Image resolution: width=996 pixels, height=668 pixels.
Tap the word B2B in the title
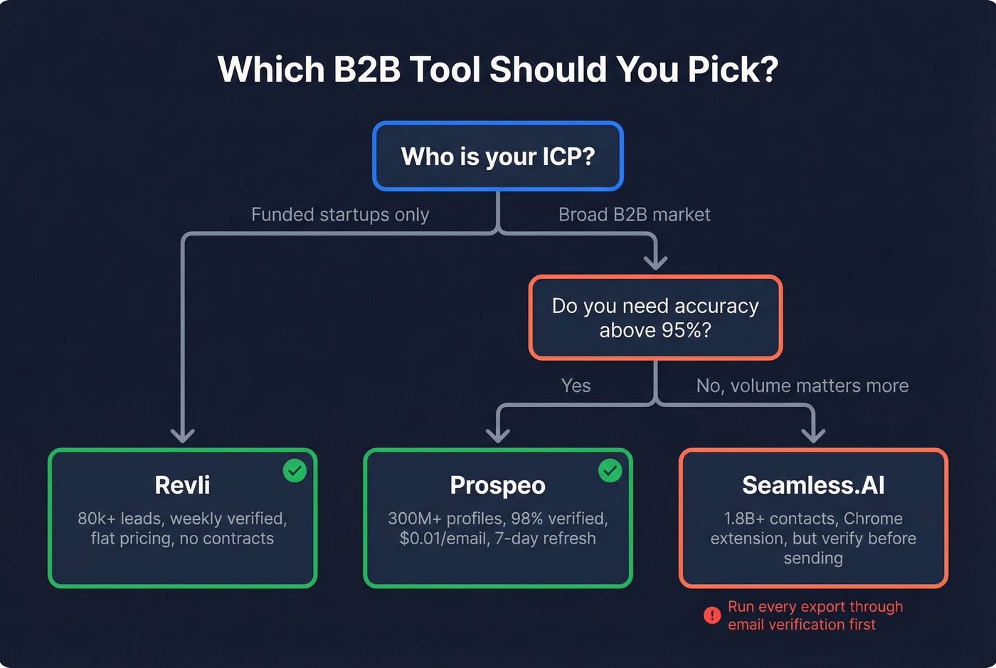pos(367,70)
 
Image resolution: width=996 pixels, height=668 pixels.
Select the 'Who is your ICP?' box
pos(498,157)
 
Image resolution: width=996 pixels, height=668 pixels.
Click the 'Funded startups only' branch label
pos(340,214)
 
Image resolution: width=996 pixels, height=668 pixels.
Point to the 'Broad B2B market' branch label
pos(634,214)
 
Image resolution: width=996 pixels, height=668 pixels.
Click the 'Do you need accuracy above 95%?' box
pos(655,317)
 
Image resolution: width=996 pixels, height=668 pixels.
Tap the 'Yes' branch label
pos(576,386)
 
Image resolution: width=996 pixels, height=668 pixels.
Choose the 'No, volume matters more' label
pos(802,386)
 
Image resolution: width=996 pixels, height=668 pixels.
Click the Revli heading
pos(182,485)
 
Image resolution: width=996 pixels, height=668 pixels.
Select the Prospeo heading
pos(497,485)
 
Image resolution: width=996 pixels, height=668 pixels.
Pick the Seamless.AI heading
pos(813,485)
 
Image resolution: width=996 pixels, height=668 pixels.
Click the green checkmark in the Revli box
pos(295,470)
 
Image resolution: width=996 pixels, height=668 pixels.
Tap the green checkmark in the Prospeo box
pos(610,470)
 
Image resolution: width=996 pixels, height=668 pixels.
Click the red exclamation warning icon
pos(711,615)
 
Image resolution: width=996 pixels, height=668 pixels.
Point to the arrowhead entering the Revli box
pos(183,435)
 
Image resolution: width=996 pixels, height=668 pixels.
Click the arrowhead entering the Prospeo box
pos(497,435)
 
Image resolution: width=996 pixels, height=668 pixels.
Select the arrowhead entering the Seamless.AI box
pos(813,435)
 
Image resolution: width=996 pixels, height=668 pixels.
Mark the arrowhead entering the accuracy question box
pos(655,261)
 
